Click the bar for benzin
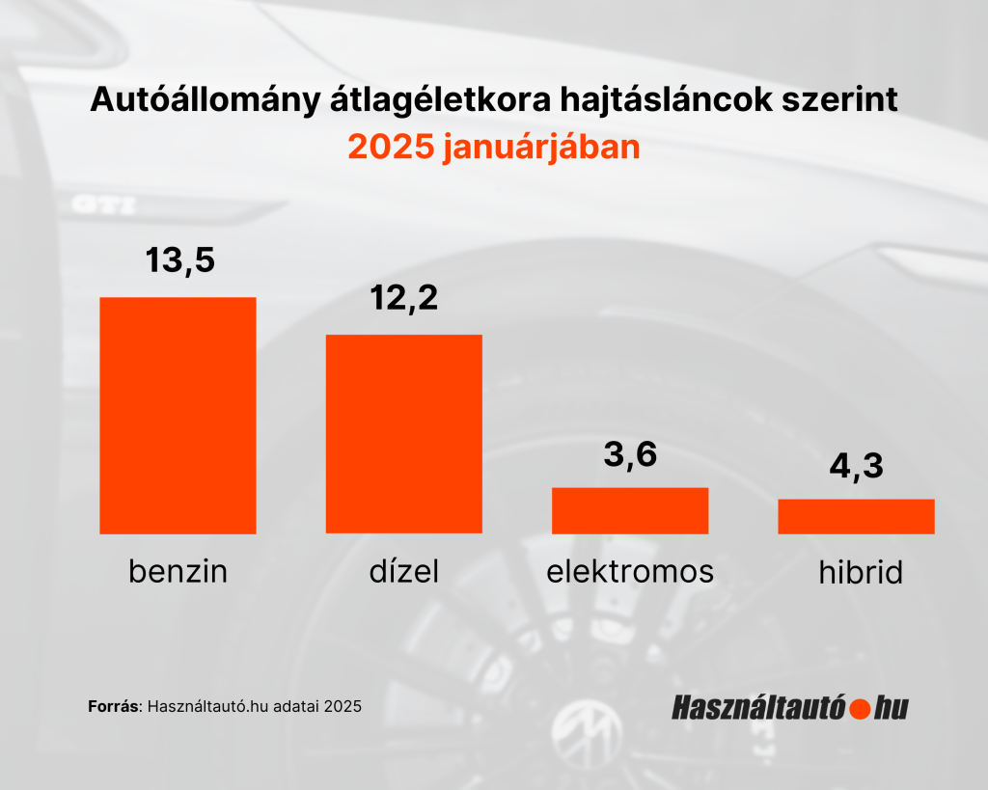click(178, 415)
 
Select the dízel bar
click(403, 433)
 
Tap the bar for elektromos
click(630, 509)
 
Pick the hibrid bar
click(856, 516)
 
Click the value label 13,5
click(179, 259)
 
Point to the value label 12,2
click(404, 298)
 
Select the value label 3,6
click(630, 453)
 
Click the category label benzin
click(178, 572)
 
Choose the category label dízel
click(403, 572)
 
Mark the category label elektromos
click(630, 572)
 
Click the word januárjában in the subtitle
click(540, 149)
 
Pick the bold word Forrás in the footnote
click(114, 706)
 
